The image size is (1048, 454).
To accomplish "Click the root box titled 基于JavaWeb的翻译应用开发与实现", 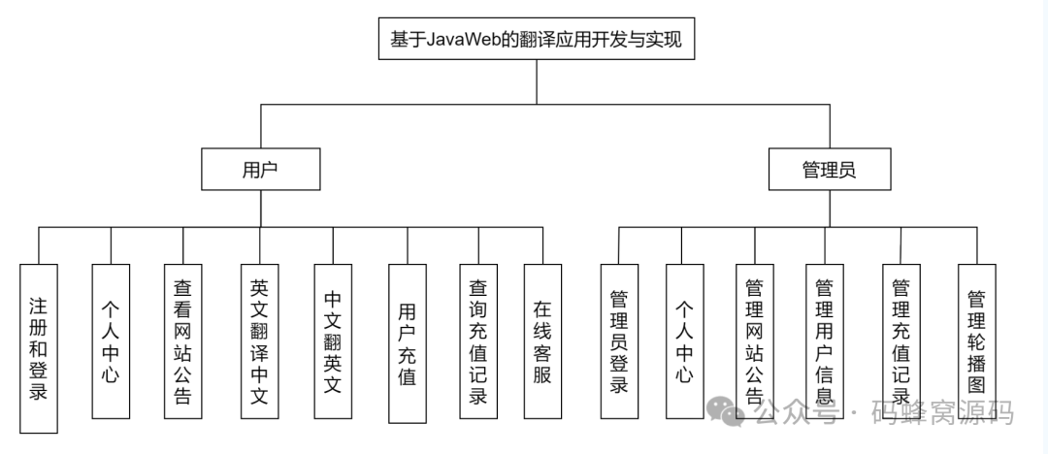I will tap(537, 41).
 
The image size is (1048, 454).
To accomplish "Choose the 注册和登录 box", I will tap(39, 347).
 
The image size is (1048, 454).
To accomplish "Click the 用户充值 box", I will tap(407, 342).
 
